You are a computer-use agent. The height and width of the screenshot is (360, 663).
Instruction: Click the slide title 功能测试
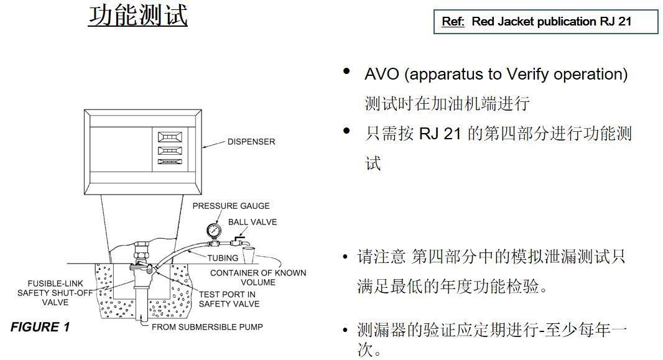(x=137, y=16)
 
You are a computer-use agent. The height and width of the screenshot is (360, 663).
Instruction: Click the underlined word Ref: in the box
(x=453, y=21)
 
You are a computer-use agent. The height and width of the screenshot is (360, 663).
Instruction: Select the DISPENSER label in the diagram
(x=251, y=142)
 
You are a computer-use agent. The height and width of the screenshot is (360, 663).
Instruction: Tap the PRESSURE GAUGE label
(x=231, y=206)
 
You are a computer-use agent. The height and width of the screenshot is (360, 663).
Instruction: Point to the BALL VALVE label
(x=252, y=222)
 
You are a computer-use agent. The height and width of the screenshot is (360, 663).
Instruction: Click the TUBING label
(x=222, y=257)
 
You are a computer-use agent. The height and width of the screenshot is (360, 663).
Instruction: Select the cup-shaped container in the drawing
(x=249, y=255)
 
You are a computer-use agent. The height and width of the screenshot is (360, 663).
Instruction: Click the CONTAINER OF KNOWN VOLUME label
(x=257, y=277)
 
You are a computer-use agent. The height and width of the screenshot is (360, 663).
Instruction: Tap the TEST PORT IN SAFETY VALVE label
(x=228, y=299)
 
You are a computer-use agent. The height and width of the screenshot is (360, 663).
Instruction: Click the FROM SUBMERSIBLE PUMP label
(x=206, y=327)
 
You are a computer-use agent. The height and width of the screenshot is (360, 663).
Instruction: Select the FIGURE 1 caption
(x=40, y=327)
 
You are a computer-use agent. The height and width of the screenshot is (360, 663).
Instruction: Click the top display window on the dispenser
(x=170, y=136)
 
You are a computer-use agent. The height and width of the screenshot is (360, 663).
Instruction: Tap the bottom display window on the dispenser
(x=170, y=162)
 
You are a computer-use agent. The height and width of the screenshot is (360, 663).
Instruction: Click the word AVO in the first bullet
(x=381, y=75)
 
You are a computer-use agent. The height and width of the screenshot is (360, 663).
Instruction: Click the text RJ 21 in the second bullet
(x=440, y=134)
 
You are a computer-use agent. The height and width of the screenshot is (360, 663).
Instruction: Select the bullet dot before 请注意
(x=345, y=257)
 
